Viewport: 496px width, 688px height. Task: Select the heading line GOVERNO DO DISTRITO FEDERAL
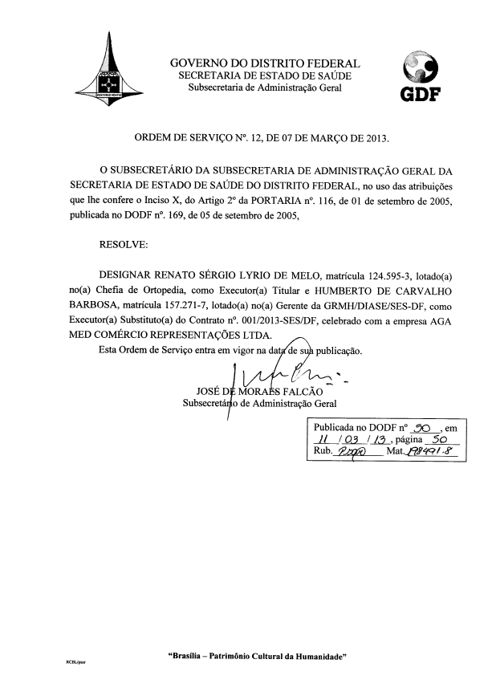coord(265,63)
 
